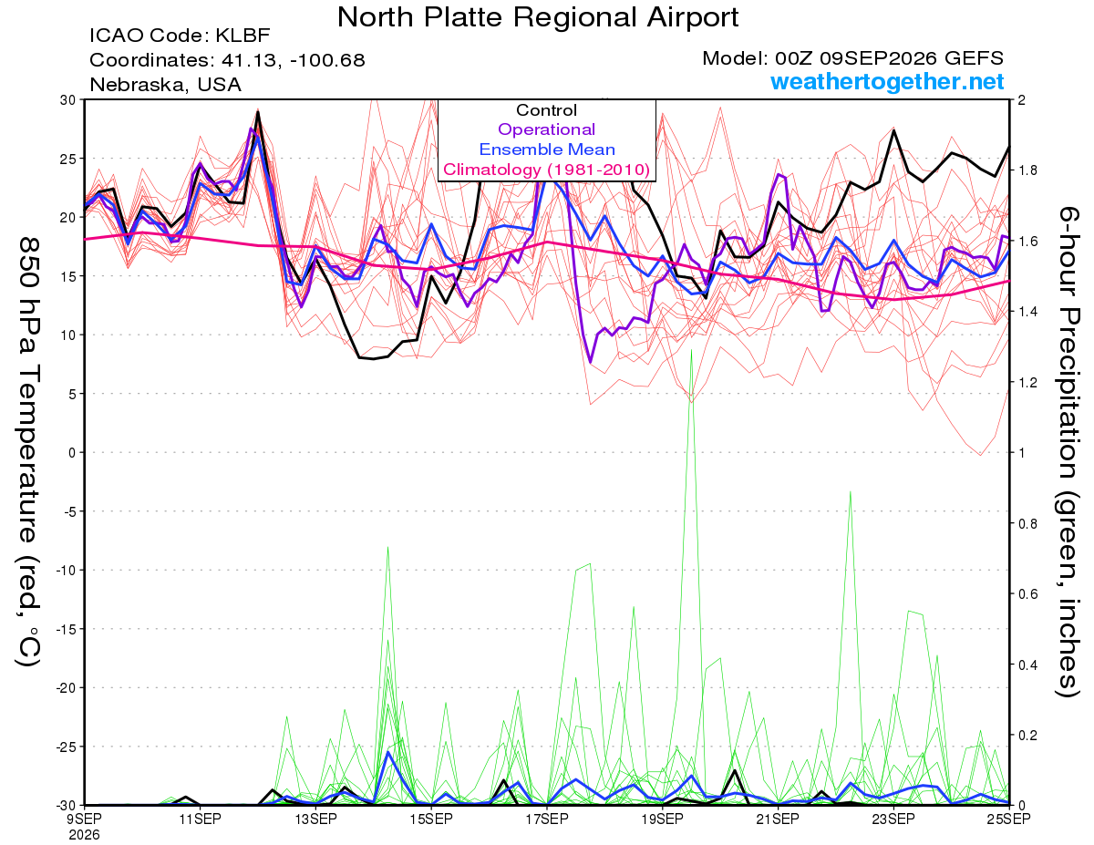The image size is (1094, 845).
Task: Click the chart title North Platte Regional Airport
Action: [x=537, y=17]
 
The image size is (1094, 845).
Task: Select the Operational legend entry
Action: [x=546, y=129]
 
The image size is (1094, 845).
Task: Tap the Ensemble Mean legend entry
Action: [x=547, y=149]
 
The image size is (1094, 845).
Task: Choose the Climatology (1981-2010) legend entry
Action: [x=546, y=170]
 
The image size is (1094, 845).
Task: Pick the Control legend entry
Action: [x=546, y=109]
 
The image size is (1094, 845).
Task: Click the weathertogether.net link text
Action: [x=887, y=81]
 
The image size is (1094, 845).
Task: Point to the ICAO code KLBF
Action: [x=243, y=36]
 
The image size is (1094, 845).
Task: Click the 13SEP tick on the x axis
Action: [x=315, y=819]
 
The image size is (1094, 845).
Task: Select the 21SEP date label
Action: [x=778, y=819]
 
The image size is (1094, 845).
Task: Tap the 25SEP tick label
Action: [x=1009, y=819]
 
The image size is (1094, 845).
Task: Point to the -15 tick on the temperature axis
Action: [x=66, y=629]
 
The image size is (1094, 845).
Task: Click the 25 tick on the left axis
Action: [x=68, y=159]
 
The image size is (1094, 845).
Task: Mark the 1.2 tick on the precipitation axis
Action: [x=1026, y=383]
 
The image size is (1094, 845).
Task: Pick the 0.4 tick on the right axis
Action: [x=1026, y=665]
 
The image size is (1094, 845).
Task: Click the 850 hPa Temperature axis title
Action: [x=29, y=452]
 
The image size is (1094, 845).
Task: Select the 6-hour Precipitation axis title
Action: [x=1068, y=452]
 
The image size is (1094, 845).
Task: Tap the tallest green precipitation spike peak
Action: [x=692, y=350]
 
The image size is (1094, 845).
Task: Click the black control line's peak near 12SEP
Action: [x=258, y=112]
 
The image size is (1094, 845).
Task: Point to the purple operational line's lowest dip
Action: [x=590, y=362]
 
